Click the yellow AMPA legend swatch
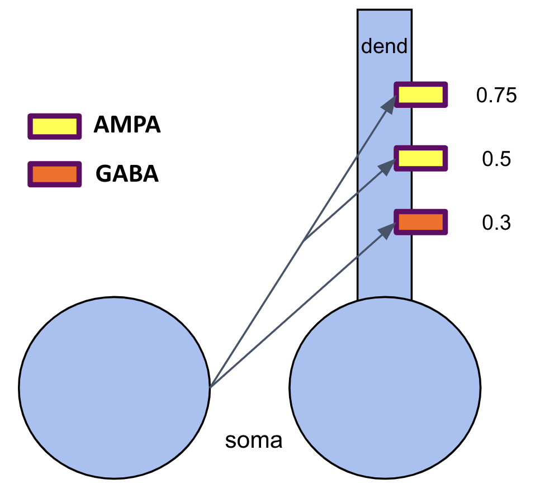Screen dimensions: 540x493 54,126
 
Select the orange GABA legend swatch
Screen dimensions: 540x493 54,174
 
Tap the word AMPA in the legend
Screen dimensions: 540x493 127,124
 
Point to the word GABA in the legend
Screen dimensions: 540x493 127,173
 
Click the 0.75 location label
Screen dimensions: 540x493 496,95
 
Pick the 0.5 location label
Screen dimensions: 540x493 496,159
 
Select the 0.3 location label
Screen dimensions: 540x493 496,223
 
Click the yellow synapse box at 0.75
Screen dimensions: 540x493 420,94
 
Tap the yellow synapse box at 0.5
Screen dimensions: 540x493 420,158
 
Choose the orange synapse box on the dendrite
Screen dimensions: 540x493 420,222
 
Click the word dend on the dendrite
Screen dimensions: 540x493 384,46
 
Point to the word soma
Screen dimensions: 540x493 254,440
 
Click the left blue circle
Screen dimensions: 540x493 115,387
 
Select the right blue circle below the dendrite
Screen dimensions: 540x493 385,387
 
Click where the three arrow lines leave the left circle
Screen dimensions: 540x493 210,387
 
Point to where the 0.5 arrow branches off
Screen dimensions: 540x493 304,241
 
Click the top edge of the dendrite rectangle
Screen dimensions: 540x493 385,10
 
